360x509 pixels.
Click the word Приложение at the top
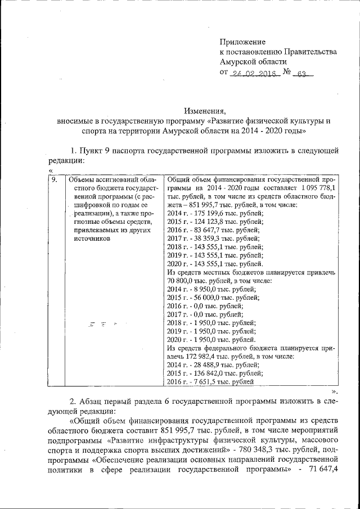pyautogui.click(x=242, y=42)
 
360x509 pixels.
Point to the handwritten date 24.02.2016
pyautogui.click(x=256, y=73)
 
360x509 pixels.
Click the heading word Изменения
pyautogui.click(x=205, y=110)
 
